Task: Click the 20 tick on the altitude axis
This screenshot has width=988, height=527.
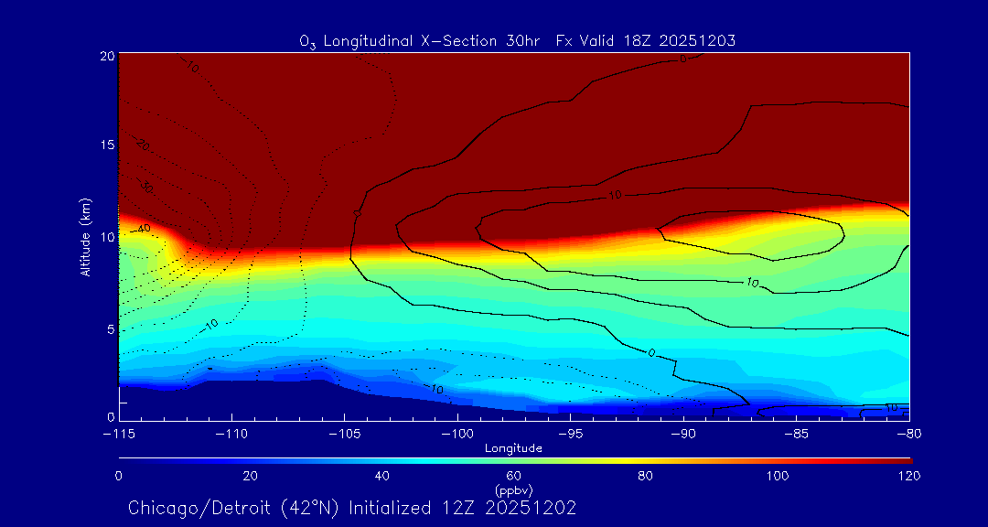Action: tap(106, 56)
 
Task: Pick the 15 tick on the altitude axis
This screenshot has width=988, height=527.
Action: tap(106, 145)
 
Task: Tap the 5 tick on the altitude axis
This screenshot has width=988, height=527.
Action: tap(110, 328)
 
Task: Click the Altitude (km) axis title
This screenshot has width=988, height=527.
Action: tap(85, 237)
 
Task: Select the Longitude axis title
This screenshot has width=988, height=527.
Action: tap(513, 448)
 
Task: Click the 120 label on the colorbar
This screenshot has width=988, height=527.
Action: tap(908, 476)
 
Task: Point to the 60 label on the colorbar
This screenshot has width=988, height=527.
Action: tap(514, 476)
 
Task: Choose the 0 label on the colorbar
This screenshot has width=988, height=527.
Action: tap(119, 476)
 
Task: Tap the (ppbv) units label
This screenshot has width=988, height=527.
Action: tap(514, 489)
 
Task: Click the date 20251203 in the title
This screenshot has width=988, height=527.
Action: tap(702, 40)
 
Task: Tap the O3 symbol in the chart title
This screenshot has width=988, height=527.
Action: tap(306, 41)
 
